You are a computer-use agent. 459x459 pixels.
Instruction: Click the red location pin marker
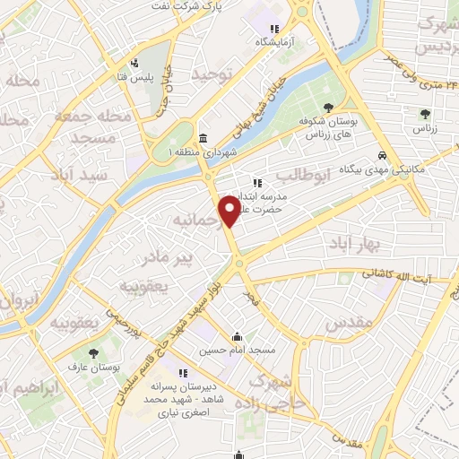[229, 212]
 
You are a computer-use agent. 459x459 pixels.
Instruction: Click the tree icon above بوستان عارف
[94, 352]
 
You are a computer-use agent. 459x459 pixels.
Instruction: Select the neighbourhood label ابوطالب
[306, 174]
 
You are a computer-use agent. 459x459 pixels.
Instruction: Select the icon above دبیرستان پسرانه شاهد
[183, 373]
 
